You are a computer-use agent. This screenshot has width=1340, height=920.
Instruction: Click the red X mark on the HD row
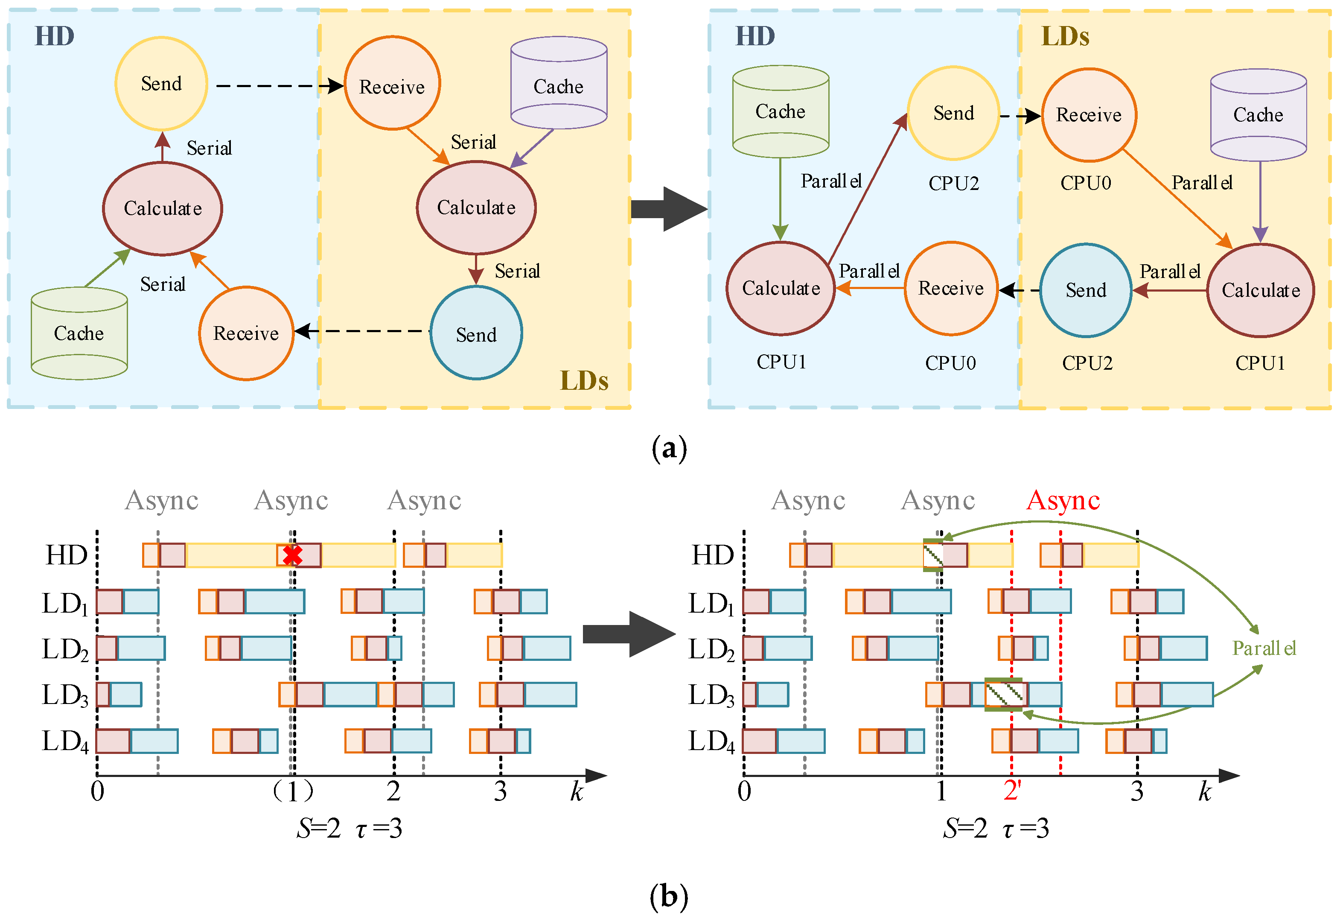click(292, 555)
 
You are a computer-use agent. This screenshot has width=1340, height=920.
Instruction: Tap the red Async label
click(1062, 499)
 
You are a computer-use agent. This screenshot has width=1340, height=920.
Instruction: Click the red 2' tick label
click(1012, 790)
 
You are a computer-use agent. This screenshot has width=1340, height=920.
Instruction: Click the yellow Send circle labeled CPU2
click(953, 113)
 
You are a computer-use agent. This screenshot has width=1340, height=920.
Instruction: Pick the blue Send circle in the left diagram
click(476, 333)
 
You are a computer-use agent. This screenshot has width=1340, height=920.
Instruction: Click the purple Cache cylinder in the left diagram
click(558, 84)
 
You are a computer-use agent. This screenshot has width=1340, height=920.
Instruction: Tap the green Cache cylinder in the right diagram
click(780, 111)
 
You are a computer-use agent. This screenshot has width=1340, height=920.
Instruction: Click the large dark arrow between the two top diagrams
click(668, 209)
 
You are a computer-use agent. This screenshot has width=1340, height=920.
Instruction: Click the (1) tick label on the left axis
click(293, 791)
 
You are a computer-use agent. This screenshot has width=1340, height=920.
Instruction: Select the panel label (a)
click(669, 448)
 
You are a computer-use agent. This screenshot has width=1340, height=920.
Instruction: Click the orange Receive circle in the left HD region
click(246, 333)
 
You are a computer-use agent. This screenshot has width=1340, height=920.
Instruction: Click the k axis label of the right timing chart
click(1204, 791)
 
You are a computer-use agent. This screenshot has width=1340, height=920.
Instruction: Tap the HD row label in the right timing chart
click(712, 555)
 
